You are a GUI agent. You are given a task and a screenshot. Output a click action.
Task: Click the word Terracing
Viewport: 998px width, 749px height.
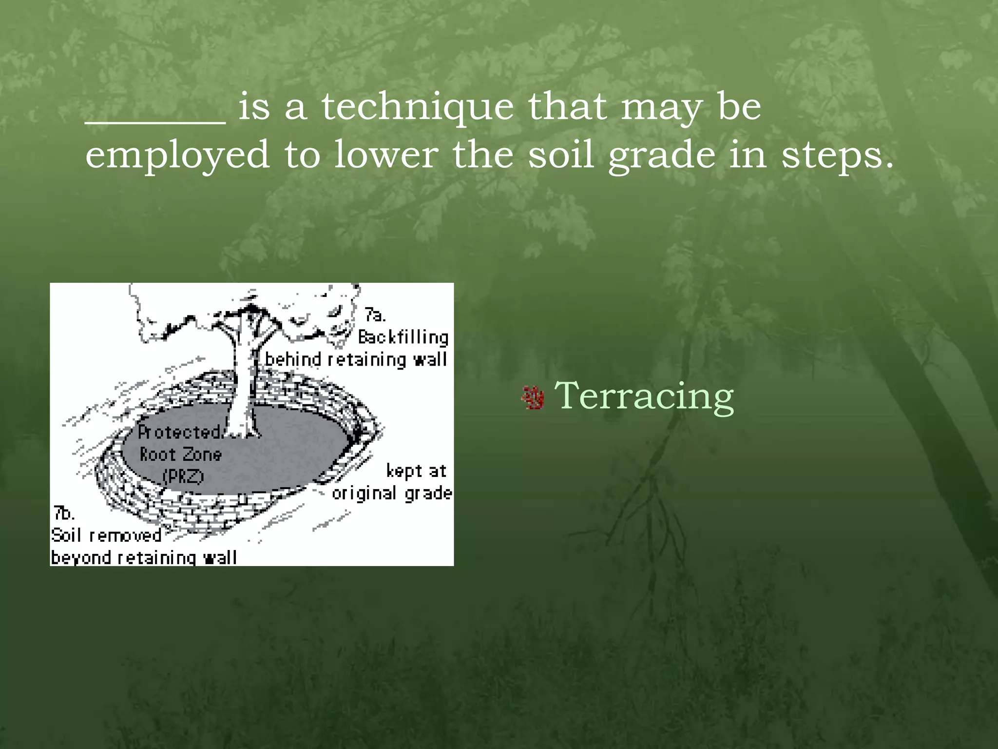tap(644, 396)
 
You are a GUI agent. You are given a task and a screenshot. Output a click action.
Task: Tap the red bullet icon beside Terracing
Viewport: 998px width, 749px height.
tap(533, 398)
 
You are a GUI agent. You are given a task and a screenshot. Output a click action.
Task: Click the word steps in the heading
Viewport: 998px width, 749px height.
tap(837, 155)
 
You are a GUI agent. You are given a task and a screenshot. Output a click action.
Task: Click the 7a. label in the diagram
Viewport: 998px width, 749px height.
tap(375, 315)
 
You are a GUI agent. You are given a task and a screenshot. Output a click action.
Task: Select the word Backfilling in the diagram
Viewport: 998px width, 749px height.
tap(403, 337)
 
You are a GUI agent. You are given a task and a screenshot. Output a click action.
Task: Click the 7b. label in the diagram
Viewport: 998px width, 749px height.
tap(64, 513)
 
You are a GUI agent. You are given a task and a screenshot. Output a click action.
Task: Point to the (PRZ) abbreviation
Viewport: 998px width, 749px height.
tap(183, 476)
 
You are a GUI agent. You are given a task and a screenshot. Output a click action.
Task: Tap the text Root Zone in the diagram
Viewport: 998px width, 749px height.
tap(180, 454)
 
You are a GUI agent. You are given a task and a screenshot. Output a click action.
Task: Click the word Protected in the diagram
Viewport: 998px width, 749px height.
tap(179, 432)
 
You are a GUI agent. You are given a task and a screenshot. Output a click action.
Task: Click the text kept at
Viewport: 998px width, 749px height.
tap(416, 471)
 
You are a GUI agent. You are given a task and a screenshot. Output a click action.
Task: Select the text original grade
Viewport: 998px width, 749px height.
tap(392, 493)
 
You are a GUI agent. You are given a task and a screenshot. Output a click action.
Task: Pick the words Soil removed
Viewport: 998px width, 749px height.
tap(106, 535)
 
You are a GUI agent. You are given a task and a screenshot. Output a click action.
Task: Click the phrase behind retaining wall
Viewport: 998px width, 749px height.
tap(356, 360)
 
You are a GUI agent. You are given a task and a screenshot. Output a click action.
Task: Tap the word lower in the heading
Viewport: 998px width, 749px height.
tap(385, 155)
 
